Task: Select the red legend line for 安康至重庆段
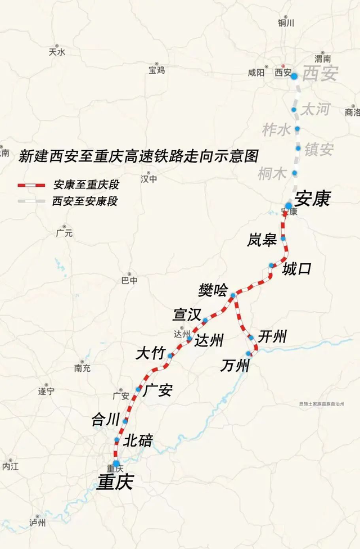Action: [31, 184]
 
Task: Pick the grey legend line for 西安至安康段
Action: [31, 201]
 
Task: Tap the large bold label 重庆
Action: [115, 482]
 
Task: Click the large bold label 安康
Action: [312, 198]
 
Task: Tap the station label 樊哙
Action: [213, 290]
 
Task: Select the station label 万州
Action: [235, 366]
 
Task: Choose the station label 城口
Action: [296, 269]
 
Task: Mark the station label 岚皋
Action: [262, 240]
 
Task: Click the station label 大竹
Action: [150, 353]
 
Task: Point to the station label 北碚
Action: [138, 440]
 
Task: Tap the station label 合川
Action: [106, 419]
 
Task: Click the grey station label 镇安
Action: [319, 150]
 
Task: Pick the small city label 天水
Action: [57, 52]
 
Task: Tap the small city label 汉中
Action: [148, 179]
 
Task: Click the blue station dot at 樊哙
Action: [233, 295]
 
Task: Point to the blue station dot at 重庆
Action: [116, 463]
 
